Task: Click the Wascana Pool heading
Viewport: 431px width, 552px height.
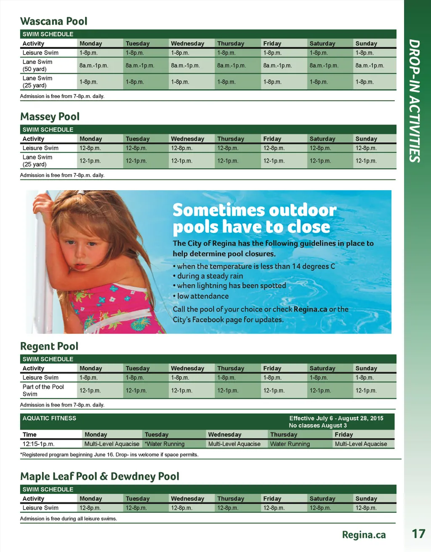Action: (54, 21)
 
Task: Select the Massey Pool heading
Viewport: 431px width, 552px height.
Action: (50, 117)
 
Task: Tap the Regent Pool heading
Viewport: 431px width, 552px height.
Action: (49, 346)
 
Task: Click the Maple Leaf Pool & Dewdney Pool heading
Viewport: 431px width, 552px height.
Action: (100, 476)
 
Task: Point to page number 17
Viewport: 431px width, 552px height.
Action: (418, 534)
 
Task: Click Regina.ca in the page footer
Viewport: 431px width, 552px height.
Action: (364, 535)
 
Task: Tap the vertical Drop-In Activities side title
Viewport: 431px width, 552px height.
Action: (415, 101)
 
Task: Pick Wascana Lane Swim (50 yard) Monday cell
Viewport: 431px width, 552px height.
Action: (94, 66)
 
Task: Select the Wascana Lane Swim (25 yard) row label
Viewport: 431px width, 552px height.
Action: (37, 82)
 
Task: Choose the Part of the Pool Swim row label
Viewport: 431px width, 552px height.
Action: (43, 390)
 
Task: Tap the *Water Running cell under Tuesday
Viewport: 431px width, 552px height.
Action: (165, 444)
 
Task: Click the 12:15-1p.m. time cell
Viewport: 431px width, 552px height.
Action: (38, 444)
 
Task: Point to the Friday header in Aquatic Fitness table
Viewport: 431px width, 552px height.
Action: (344, 435)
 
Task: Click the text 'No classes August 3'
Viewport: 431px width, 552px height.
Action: (318, 425)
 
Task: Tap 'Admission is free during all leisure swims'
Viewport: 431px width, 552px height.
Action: (69, 519)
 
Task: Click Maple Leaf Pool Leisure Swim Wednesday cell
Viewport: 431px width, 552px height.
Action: (181, 508)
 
